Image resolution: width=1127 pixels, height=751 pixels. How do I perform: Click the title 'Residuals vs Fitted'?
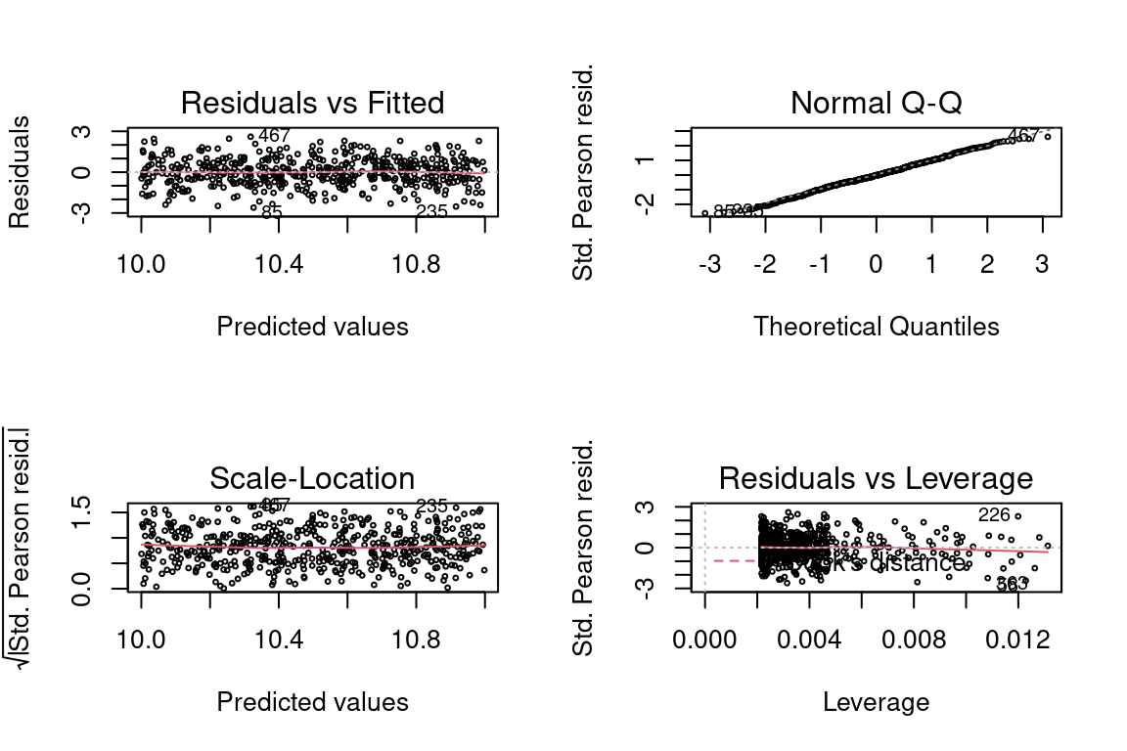point(312,103)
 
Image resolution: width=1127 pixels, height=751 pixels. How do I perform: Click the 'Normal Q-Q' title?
point(876,103)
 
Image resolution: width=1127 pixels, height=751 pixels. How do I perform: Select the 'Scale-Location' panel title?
point(312,478)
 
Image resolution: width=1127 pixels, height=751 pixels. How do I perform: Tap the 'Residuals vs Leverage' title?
point(876,478)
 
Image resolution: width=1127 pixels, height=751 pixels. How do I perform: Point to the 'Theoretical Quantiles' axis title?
point(876,327)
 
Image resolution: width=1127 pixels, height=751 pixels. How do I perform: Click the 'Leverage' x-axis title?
point(876,702)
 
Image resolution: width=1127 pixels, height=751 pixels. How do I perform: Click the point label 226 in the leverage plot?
point(993,515)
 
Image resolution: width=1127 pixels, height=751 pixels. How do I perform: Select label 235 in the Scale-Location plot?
point(431,506)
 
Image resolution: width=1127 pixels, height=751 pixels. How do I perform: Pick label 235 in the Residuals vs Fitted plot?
point(431,211)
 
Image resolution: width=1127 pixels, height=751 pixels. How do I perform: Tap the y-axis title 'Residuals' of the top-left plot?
point(20,172)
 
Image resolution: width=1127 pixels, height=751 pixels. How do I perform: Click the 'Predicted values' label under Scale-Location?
point(312,702)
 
